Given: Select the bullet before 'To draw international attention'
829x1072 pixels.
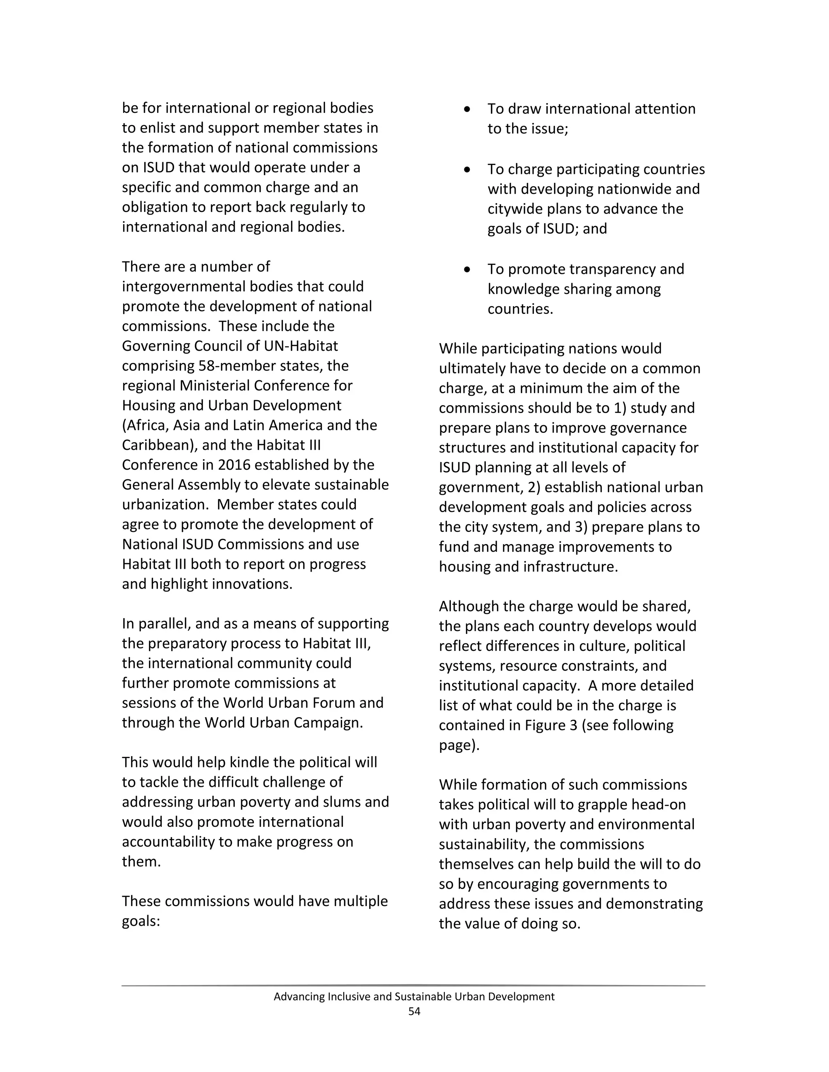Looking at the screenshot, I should tap(467, 109).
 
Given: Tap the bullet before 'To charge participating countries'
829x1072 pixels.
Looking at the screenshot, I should tap(467, 170).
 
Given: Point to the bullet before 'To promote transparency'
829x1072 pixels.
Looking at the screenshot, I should tap(467, 269).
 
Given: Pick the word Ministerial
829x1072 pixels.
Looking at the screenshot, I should tap(214, 386).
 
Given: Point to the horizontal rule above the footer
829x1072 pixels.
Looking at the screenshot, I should tap(414, 985).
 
